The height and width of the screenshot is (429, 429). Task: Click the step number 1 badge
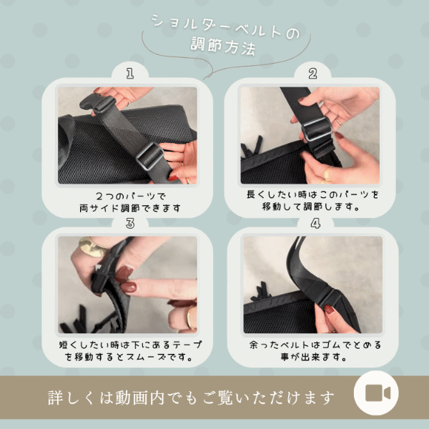(x=130, y=74)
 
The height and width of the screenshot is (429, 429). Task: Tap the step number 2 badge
(x=312, y=74)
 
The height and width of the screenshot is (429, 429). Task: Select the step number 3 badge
(x=130, y=223)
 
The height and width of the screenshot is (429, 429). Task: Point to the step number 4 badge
(x=315, y=223)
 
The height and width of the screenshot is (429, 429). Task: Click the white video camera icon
(x=378, y=393)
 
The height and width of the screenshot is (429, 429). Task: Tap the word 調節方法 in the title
(x=223, y=46)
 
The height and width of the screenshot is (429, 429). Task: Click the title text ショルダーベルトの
(x=225, y=26)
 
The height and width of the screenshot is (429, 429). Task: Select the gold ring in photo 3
(x=92, y=247)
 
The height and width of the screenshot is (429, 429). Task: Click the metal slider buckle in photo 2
(x=317, y=129)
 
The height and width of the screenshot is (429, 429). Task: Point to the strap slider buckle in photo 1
(x=150, y=156)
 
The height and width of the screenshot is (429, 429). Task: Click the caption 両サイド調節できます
(x=130, y=208)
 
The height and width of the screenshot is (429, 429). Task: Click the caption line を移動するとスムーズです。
(x=129, y=357)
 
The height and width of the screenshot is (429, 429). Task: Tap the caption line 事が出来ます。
(x=314, y=357)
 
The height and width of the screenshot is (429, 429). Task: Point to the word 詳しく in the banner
(x=72, y=398)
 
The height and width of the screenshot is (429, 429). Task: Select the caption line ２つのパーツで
(x=131, y=196)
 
